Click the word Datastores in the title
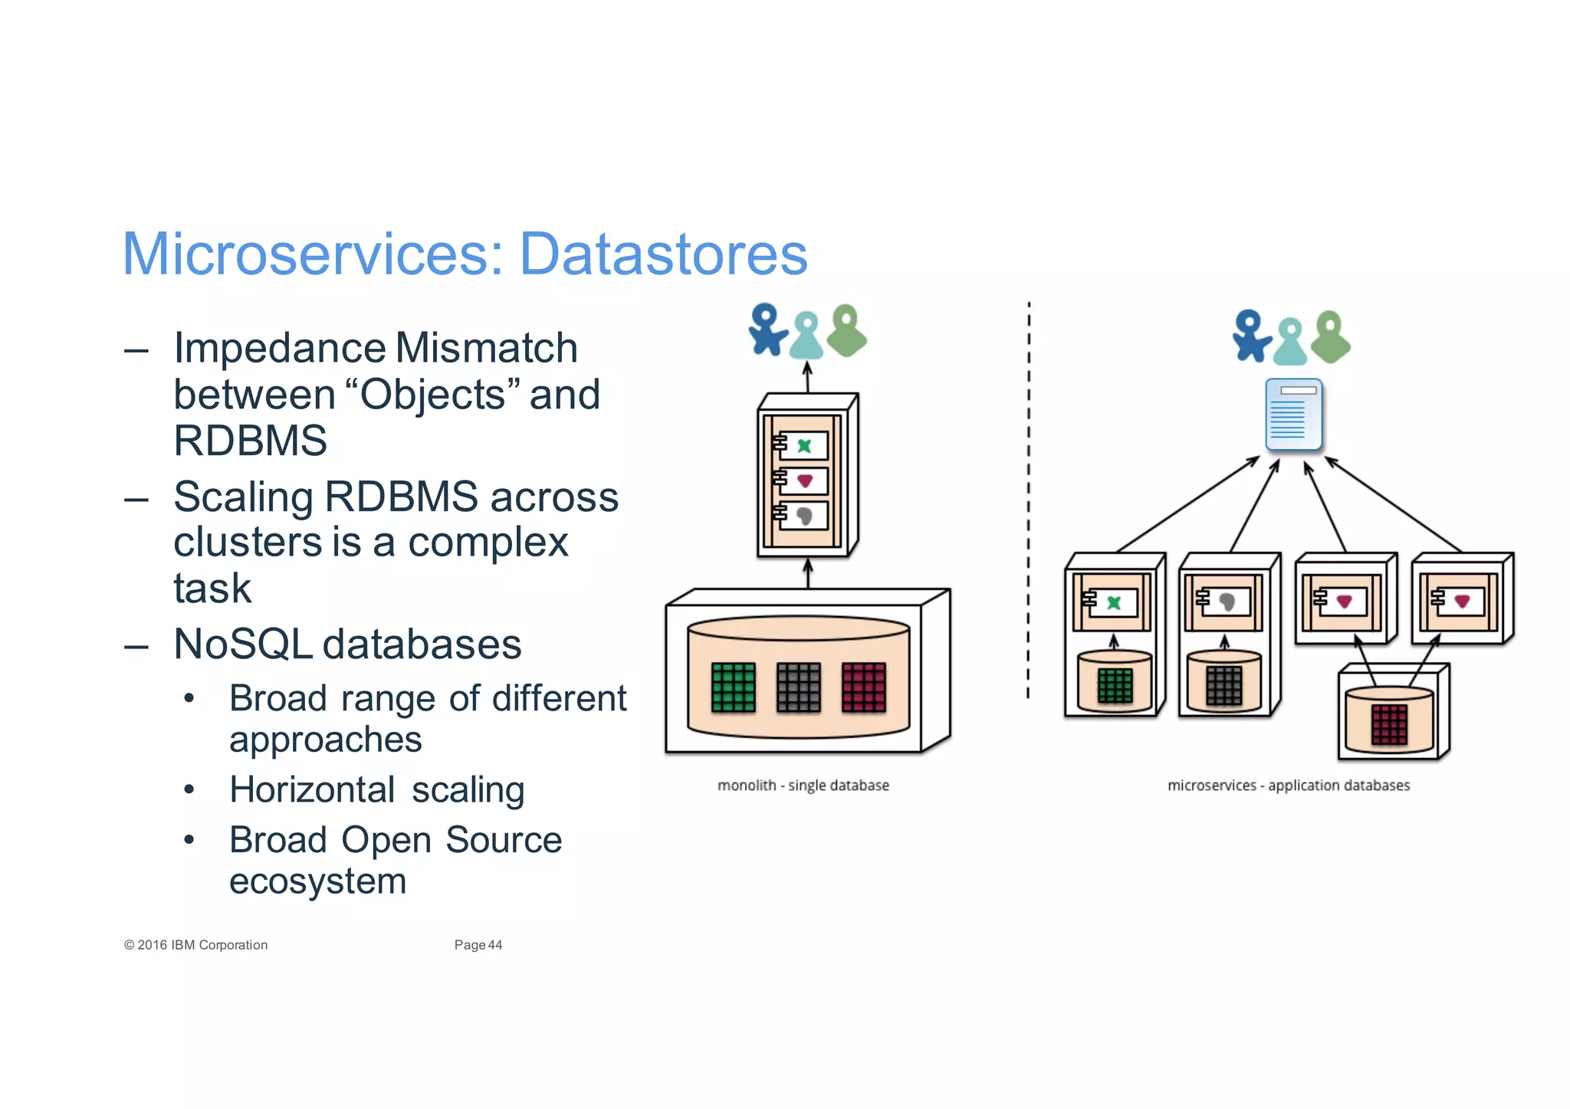tap(663, 254)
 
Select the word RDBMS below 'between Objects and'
tap(250, 441)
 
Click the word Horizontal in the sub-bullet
tap(312, 790)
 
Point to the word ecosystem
tap(317, 881)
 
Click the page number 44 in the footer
tap(495, 945)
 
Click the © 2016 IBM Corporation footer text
tap(196, 945)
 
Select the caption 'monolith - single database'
tap(803, 786)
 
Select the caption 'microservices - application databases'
tap(1288, 786)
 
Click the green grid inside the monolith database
tap(733, 687)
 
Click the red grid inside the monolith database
tap(864, 687)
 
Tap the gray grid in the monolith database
tap(798, 687)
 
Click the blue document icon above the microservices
tap(1293, 415)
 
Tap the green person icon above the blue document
tap(1331, 337)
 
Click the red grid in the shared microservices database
tap(1389, 724)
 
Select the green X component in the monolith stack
tap(803, 445)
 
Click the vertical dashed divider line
tap(1029, 498)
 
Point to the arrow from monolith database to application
tap(808, 574)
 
